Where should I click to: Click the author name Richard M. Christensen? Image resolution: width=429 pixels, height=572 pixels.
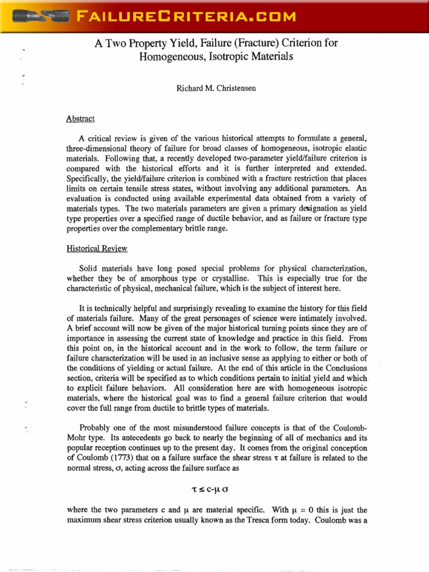click(214, 88)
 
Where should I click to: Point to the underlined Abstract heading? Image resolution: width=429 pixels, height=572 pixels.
click(80, 118)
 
